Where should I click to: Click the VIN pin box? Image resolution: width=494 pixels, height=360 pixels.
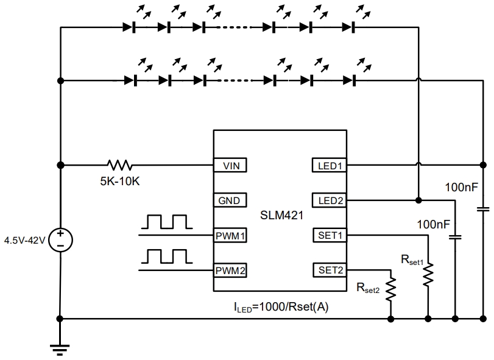point(230,165)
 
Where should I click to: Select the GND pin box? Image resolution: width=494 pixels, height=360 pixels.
point(230,200)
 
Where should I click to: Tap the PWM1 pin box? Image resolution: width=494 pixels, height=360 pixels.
point(230,235)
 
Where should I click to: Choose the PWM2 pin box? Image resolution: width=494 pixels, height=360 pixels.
point(230,270)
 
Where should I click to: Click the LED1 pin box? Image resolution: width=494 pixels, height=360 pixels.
point(330,165)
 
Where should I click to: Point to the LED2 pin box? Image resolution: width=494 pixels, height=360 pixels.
point(330,200)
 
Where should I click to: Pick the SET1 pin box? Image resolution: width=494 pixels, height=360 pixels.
point(330,235)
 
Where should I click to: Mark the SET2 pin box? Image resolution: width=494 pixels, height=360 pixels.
point(330,270)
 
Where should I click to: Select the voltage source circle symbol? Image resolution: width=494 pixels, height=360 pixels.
point(60,239)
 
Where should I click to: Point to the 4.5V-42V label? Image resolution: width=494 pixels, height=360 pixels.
point(24,239)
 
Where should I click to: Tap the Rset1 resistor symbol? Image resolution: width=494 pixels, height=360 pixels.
point(429,274)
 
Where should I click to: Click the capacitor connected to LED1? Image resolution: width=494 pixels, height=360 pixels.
point(483,209)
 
